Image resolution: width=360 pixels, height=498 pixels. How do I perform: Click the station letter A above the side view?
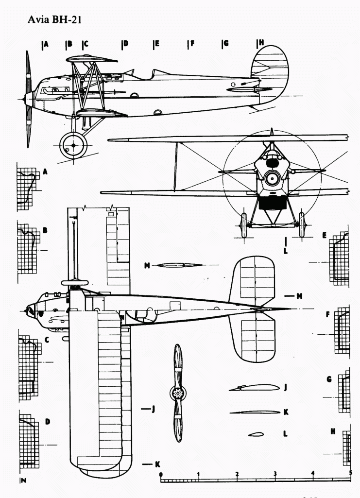click(46, 44)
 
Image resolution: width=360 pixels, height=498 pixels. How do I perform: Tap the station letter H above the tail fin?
click(261, 43)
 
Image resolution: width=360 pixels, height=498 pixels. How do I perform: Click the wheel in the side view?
click(73, 145)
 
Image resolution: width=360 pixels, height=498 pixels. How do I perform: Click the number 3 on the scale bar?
click(275, 474)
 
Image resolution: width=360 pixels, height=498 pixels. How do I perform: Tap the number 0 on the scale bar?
click(161, 474)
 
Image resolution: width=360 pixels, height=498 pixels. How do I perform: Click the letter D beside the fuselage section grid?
click(48, 422)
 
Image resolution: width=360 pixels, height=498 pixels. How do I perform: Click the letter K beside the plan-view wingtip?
click(157, 464)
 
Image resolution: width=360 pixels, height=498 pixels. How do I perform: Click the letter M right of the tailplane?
click(300, 295)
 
